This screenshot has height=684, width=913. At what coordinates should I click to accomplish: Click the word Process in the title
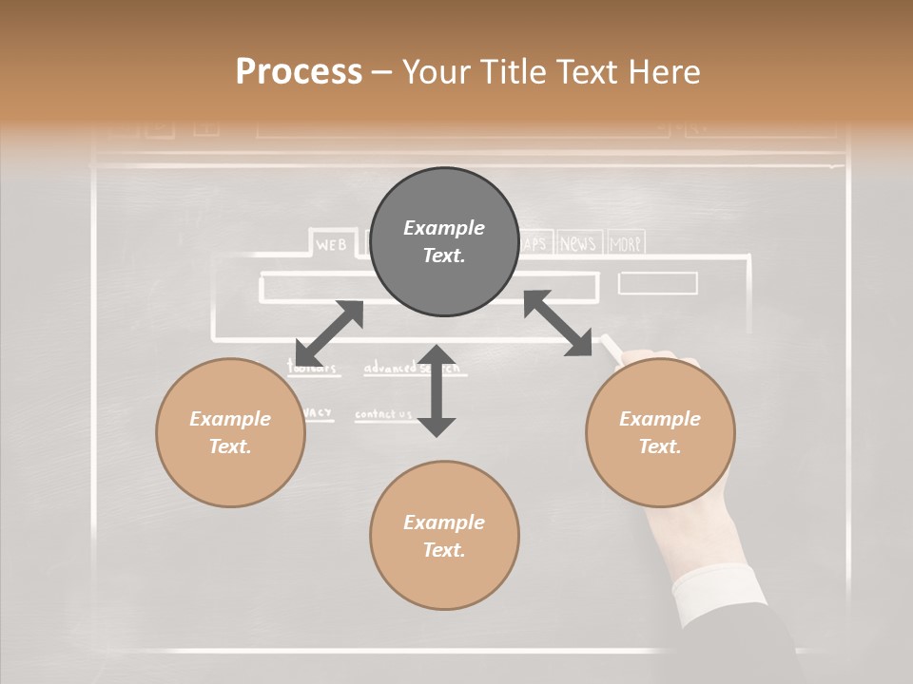(299, 72)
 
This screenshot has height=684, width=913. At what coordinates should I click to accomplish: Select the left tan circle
(230, 432)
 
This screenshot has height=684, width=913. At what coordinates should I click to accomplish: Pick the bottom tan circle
(444, 536)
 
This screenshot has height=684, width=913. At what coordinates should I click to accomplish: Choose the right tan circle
(660, 432)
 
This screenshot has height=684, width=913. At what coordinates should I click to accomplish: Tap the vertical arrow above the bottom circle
(437, 390)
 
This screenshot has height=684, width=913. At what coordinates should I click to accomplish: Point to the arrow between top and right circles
(558, 323)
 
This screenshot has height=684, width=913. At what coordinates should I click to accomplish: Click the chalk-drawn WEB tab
(331, 244)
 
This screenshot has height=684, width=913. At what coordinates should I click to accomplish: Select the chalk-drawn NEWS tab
(577, 244)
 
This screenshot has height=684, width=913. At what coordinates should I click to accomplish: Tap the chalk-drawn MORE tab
(625, 244)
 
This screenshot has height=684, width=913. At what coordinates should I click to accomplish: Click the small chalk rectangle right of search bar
(657, 283)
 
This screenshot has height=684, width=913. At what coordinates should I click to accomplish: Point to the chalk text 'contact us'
(383, 414)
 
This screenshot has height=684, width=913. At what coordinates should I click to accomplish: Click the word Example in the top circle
(444, 228)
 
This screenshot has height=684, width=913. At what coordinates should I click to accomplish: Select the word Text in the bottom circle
(444, 550)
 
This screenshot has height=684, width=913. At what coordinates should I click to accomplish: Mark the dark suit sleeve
(761, 646)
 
